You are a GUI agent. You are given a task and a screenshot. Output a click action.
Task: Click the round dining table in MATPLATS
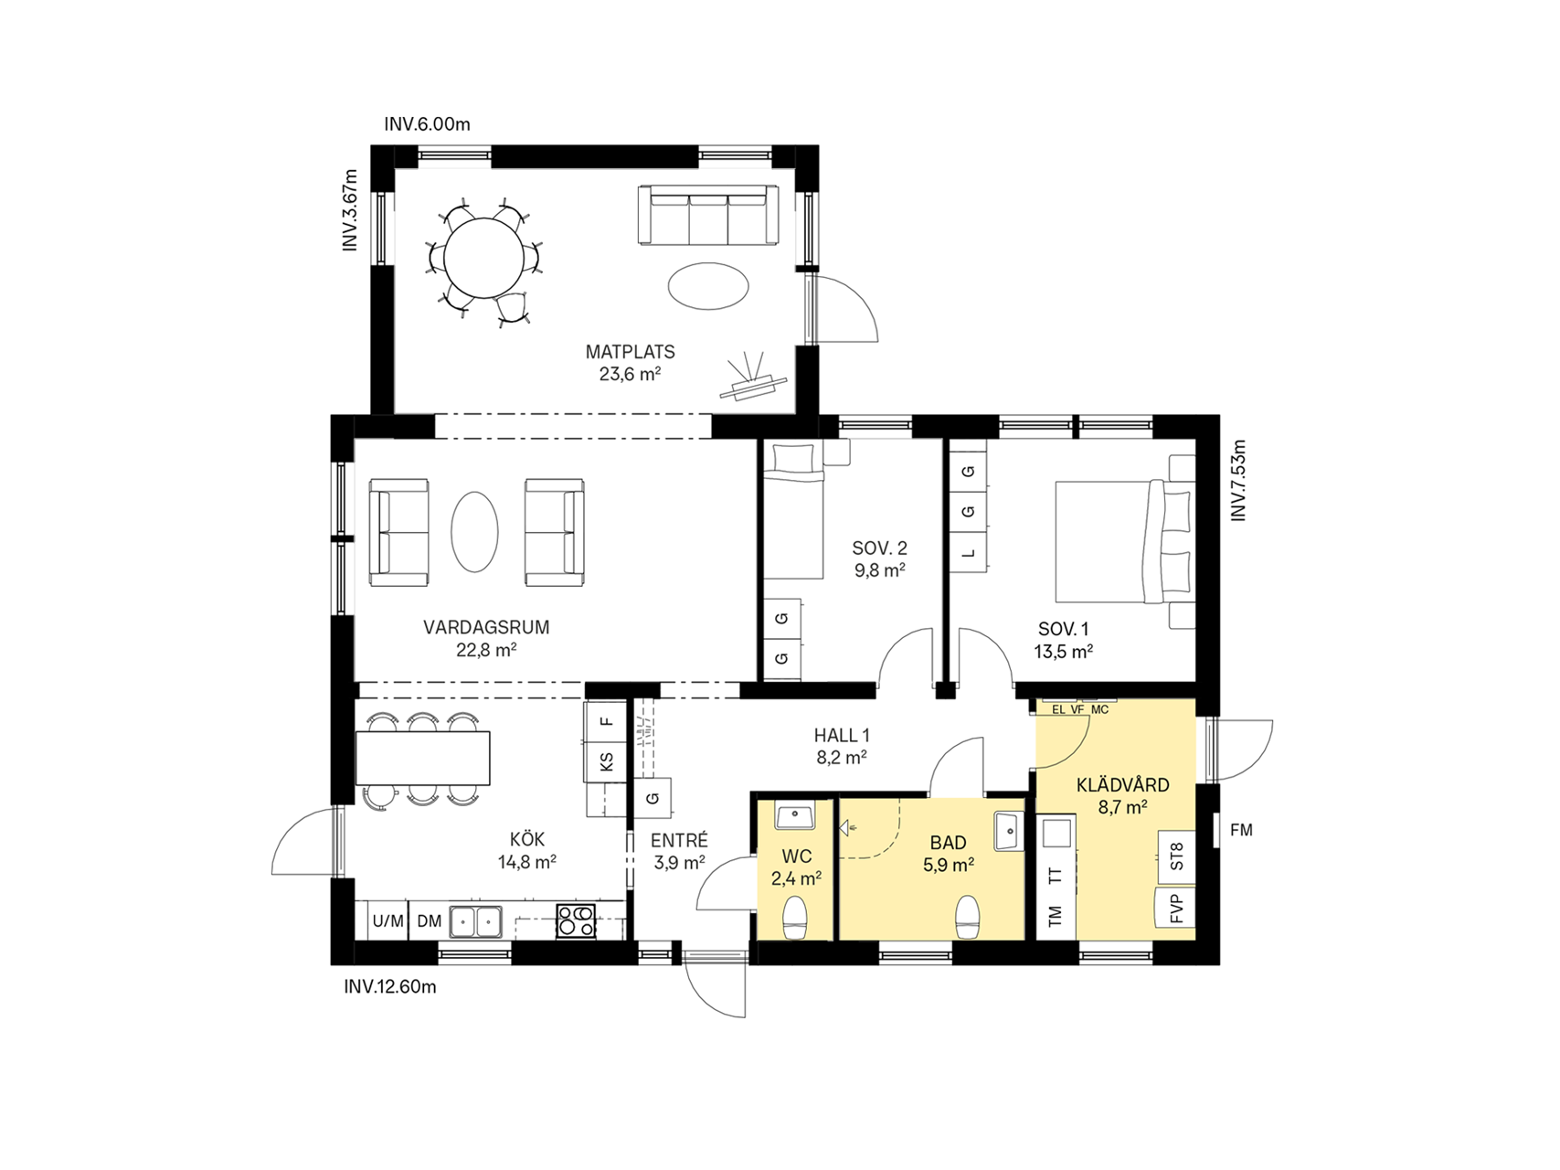click(x=484, y=258)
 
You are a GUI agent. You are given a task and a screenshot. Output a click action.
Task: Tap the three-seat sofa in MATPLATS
click(x=708, y=215)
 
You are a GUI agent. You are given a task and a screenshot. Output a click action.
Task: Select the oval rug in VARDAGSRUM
click(x=474, y=532)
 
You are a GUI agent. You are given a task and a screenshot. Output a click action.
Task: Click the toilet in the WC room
click(x=795, y=917)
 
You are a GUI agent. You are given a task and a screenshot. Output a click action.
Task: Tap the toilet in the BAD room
click(x=968, y=917)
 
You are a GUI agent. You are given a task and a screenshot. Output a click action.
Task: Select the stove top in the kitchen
click(x=576, y=920)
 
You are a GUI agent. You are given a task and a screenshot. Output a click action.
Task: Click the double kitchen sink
click(x=476, y=921)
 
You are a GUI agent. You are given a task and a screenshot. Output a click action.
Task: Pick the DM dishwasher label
click(x=430, y=921)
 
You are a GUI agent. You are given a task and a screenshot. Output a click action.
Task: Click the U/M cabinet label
click(x=388, y=921)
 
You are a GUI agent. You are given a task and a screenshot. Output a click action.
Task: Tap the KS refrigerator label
click(x=606, y=761)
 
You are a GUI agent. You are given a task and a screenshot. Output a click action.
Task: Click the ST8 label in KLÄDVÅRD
click(x=1176, y=856)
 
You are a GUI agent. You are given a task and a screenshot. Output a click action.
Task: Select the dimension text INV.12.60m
click(x=390, y=987)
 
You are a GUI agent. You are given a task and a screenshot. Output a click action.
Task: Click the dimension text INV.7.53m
click(x=1238, y=481)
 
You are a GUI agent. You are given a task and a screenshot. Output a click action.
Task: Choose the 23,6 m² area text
click(x=630, y=374)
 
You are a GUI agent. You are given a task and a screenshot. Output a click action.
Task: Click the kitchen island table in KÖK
click(x=423, y=758)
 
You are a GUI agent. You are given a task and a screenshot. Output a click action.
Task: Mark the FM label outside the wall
click(x=1241, y=830)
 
